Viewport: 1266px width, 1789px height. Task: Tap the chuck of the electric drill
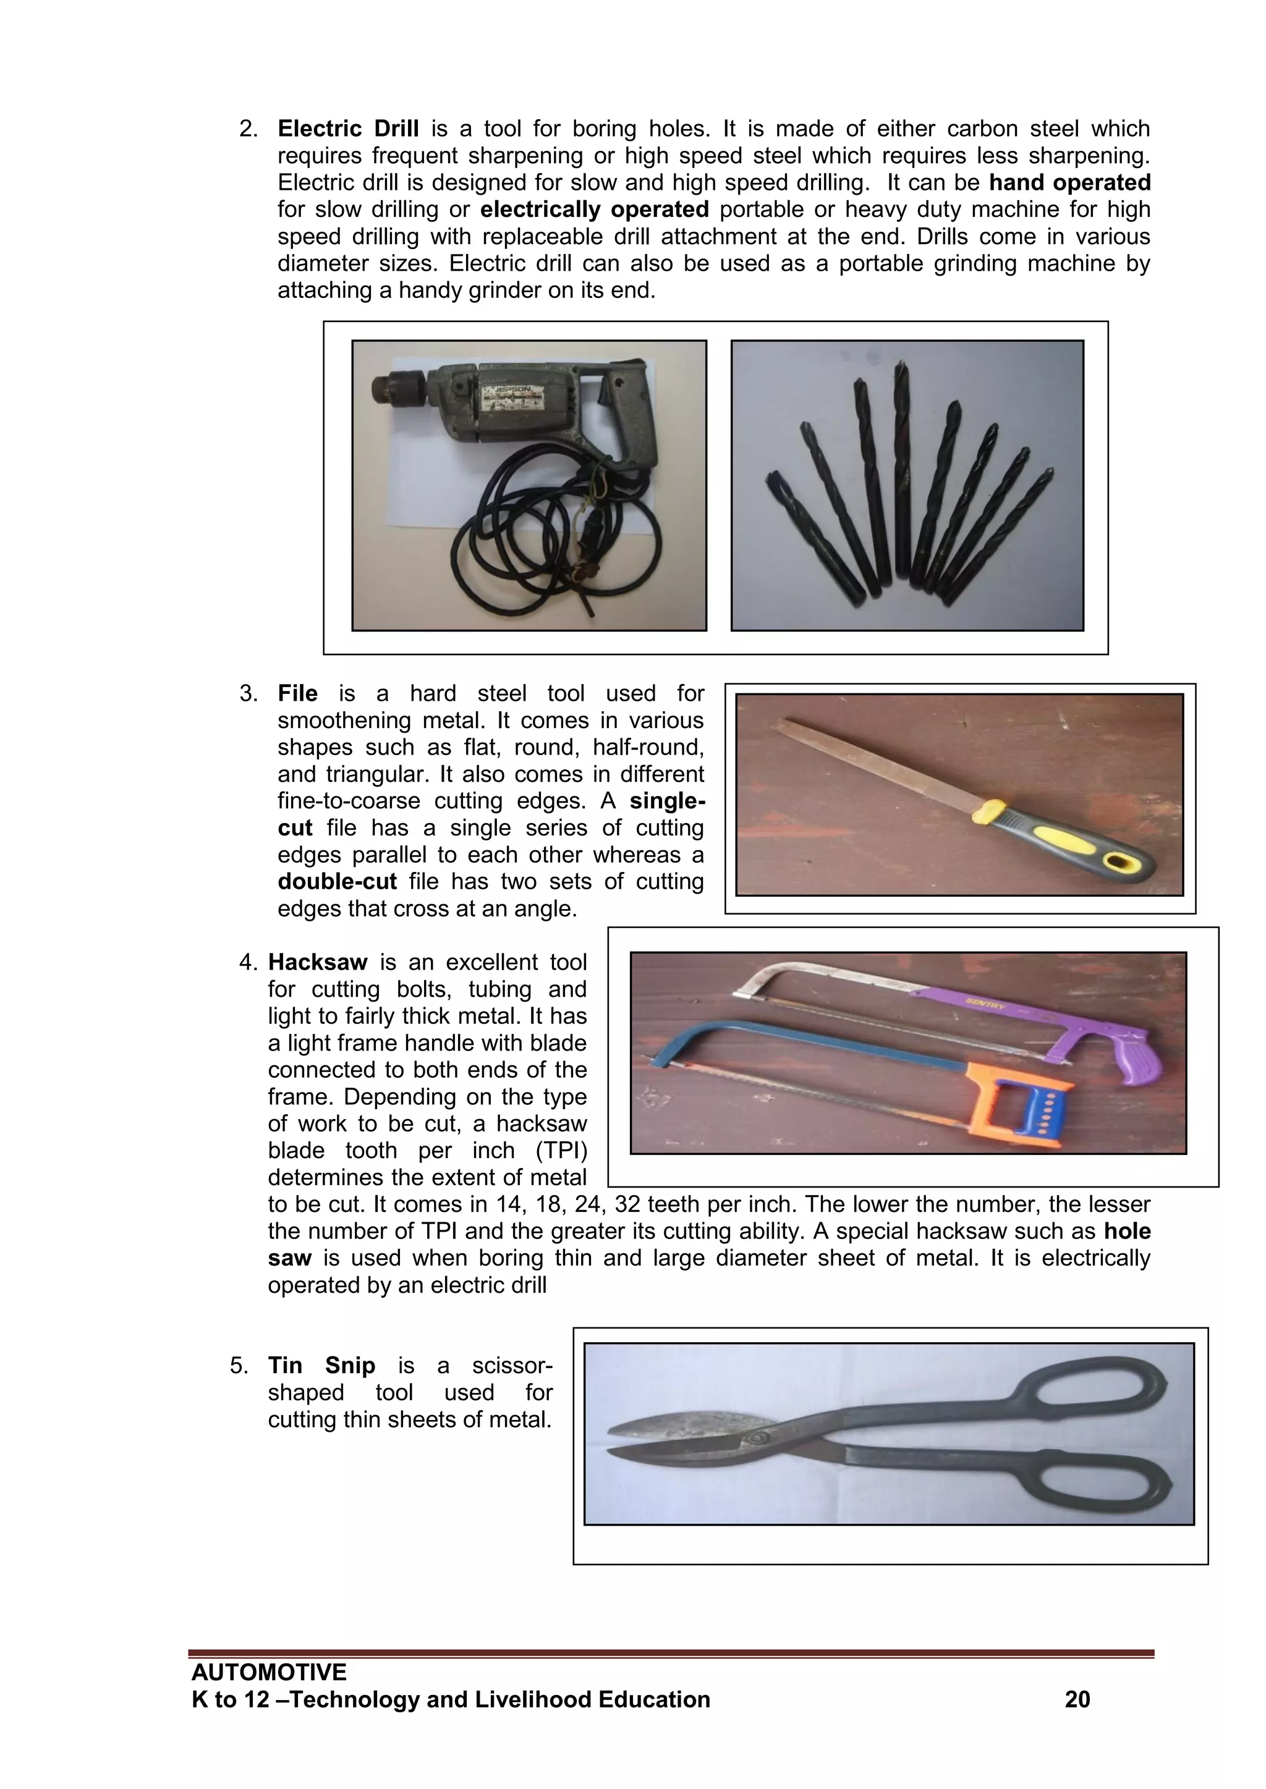pyautogui.click(x=395, y=388)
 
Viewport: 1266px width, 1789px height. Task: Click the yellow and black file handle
pyautogui.click(x=1068, y=837)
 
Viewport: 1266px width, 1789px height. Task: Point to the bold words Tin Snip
pyautogui.click(x=321, y=1366)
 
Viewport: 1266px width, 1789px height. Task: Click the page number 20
pyautogui.click(x=1077, y=1699)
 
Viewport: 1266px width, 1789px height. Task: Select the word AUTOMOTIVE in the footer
pyautogui.click(x=269, y=1672)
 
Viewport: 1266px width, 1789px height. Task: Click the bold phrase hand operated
pyautogui.click(x=1069, y=182)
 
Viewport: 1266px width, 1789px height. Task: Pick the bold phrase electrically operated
pyautogui.click(x=594, y=209)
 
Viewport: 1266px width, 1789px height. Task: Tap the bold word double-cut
pyautogui.click(x=337, y=882)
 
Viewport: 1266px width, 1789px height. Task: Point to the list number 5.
pyautogui.click(x=239, y=1366)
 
